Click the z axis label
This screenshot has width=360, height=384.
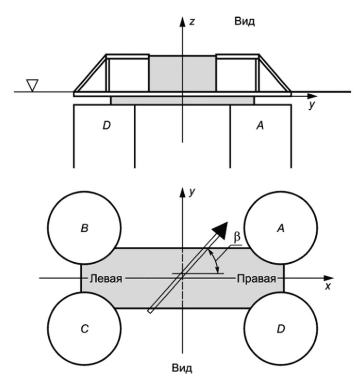192,22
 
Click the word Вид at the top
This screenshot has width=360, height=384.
244,21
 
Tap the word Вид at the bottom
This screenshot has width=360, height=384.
182,368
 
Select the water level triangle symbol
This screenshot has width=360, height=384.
32,85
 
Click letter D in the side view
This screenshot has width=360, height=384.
106,126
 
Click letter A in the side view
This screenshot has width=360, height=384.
260,126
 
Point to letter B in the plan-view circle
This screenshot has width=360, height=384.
84,228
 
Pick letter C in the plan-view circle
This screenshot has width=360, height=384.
85,329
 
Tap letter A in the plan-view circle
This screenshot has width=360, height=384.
281,228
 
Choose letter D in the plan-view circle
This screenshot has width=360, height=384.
281,329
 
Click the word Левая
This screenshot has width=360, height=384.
105,279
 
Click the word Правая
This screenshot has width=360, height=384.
257,279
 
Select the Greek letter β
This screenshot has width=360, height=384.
237,237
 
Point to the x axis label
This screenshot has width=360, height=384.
328,286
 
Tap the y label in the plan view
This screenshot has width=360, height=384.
192,192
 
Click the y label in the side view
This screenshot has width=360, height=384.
311,105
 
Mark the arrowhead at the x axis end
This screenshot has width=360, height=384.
328,278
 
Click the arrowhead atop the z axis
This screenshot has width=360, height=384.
182,22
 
